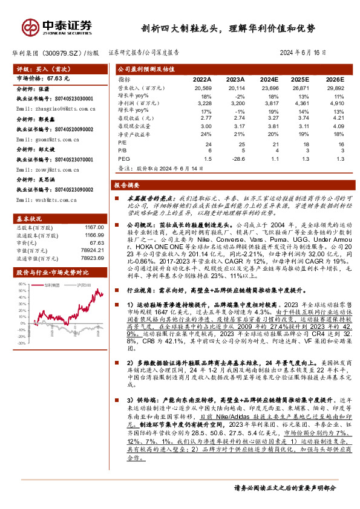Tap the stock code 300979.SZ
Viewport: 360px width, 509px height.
pos(64,53)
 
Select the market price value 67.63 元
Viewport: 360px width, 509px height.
pos(58,78)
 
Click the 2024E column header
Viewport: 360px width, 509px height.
pos(268,79)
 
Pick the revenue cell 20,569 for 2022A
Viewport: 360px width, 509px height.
pos(203,88)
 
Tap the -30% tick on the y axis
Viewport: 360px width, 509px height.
pos(21,342)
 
